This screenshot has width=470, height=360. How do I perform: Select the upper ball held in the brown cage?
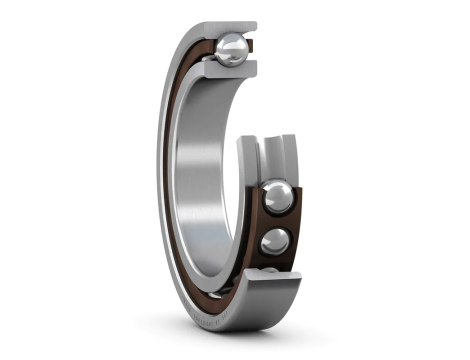click(277, 197)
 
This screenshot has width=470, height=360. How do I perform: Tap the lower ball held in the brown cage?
click(274, 241)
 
